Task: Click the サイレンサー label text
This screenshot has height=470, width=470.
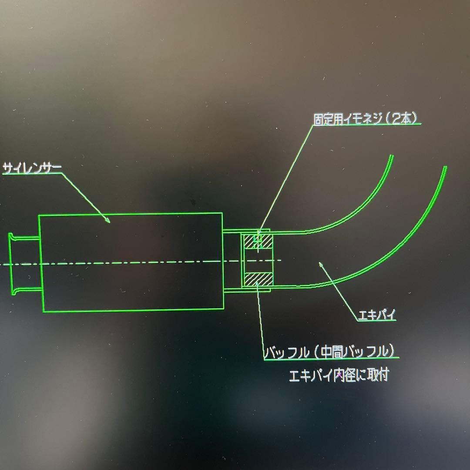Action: click(32, 168)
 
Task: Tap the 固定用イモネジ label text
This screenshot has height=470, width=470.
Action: click(348, 119)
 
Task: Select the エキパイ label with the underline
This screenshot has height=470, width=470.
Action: click(377, 315)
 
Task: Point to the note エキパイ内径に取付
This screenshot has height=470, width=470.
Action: click(339, 375)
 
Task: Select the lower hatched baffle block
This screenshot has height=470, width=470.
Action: click(258, 279)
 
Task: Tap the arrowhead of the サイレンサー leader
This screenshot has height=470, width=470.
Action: click(107, 220)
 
